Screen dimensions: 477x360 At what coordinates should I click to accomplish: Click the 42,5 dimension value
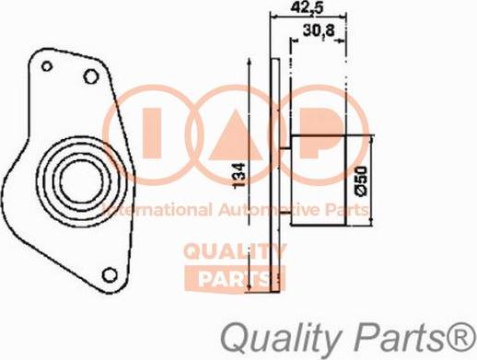tap(308, 7)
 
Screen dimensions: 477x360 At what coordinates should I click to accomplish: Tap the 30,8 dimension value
tap(319, 31)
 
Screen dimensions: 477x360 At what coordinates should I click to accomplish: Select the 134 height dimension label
tap(239, 176)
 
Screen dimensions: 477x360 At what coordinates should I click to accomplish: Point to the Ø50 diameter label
tap(361, 180)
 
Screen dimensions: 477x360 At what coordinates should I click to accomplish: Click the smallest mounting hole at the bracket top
tap(47, 66)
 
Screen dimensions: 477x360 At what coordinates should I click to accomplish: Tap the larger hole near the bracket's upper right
tap(91, 76)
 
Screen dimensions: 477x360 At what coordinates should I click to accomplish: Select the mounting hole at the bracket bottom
tap(110, 274)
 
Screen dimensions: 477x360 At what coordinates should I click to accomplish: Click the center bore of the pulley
tap(81, 181)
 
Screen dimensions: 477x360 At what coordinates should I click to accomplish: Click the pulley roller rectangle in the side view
tap(318, 180)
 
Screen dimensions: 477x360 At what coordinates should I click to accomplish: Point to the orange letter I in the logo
tap(152, 134)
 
